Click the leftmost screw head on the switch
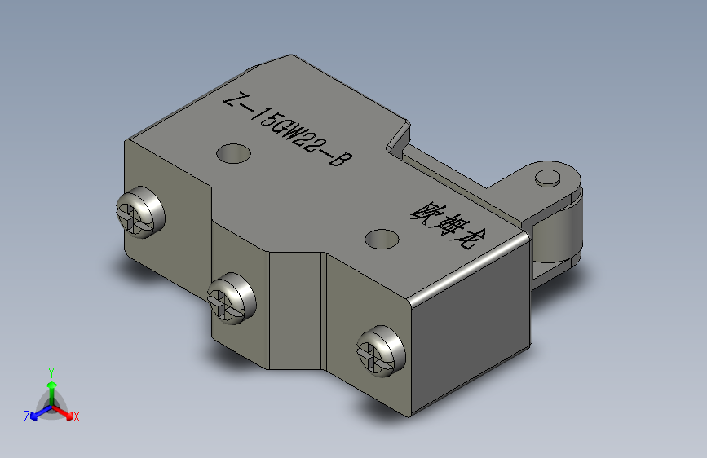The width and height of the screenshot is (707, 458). (x=140, y=212)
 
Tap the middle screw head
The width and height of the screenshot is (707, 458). (x=232, y=298)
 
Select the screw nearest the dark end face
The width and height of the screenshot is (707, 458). (x=382, y=352)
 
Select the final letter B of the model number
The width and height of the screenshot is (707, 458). (x=340, y=159)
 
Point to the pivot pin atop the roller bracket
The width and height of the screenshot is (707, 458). (x=548, y=178)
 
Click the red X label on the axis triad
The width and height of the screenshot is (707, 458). (x=76, y=416)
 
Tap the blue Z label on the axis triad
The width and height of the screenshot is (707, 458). (x=27, y=416)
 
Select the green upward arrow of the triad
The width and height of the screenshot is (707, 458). (x=51, y=388)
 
